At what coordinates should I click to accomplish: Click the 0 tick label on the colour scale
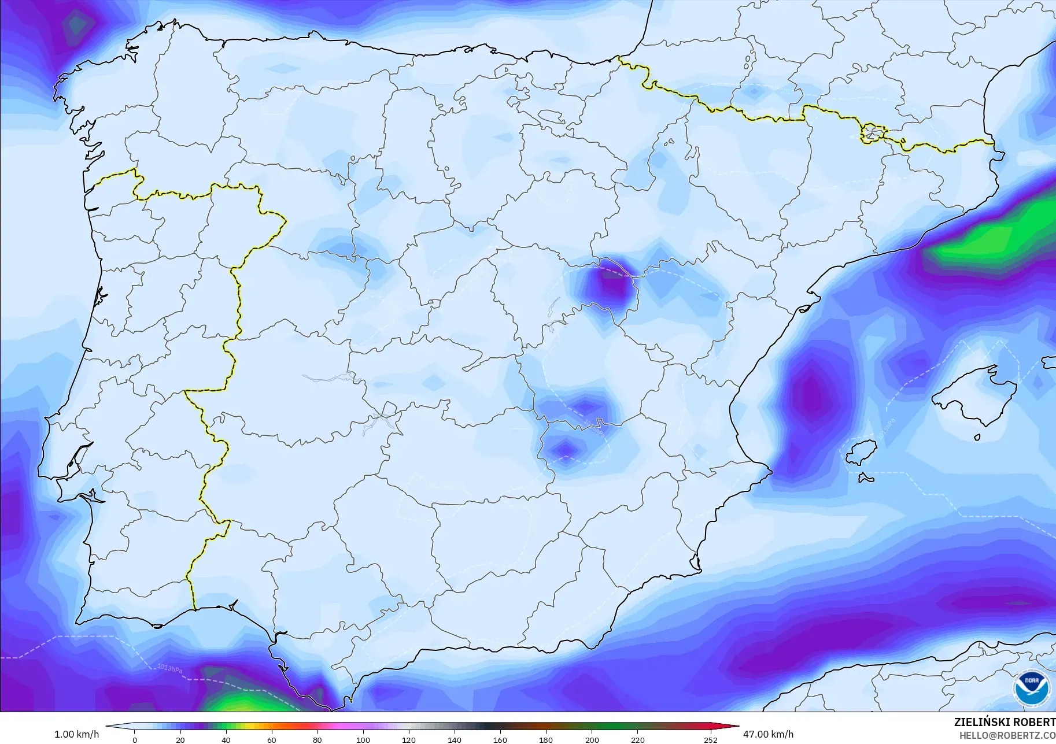[x=135, y=740]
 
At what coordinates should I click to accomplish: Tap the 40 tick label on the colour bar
[x=226, y=740]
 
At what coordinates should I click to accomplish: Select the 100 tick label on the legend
[x=363, y=740]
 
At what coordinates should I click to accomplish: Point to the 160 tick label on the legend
[x=500, y=740]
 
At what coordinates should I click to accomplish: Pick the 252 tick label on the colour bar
[x=711, y=740]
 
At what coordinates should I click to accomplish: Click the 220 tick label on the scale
[x=638, y=740]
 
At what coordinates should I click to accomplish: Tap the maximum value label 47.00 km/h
[x=768, y=734]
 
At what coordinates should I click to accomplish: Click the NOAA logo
[x=1031, y=686]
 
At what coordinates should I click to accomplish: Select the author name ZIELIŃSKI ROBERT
[x=1005, y=723]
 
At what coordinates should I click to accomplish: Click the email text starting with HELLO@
[x=1007, y=736]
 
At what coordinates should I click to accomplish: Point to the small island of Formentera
[x=866, y=478]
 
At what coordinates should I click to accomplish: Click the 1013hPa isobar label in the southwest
[x=170, y=669]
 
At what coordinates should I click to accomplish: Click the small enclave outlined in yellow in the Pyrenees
[x=873, y=134]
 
